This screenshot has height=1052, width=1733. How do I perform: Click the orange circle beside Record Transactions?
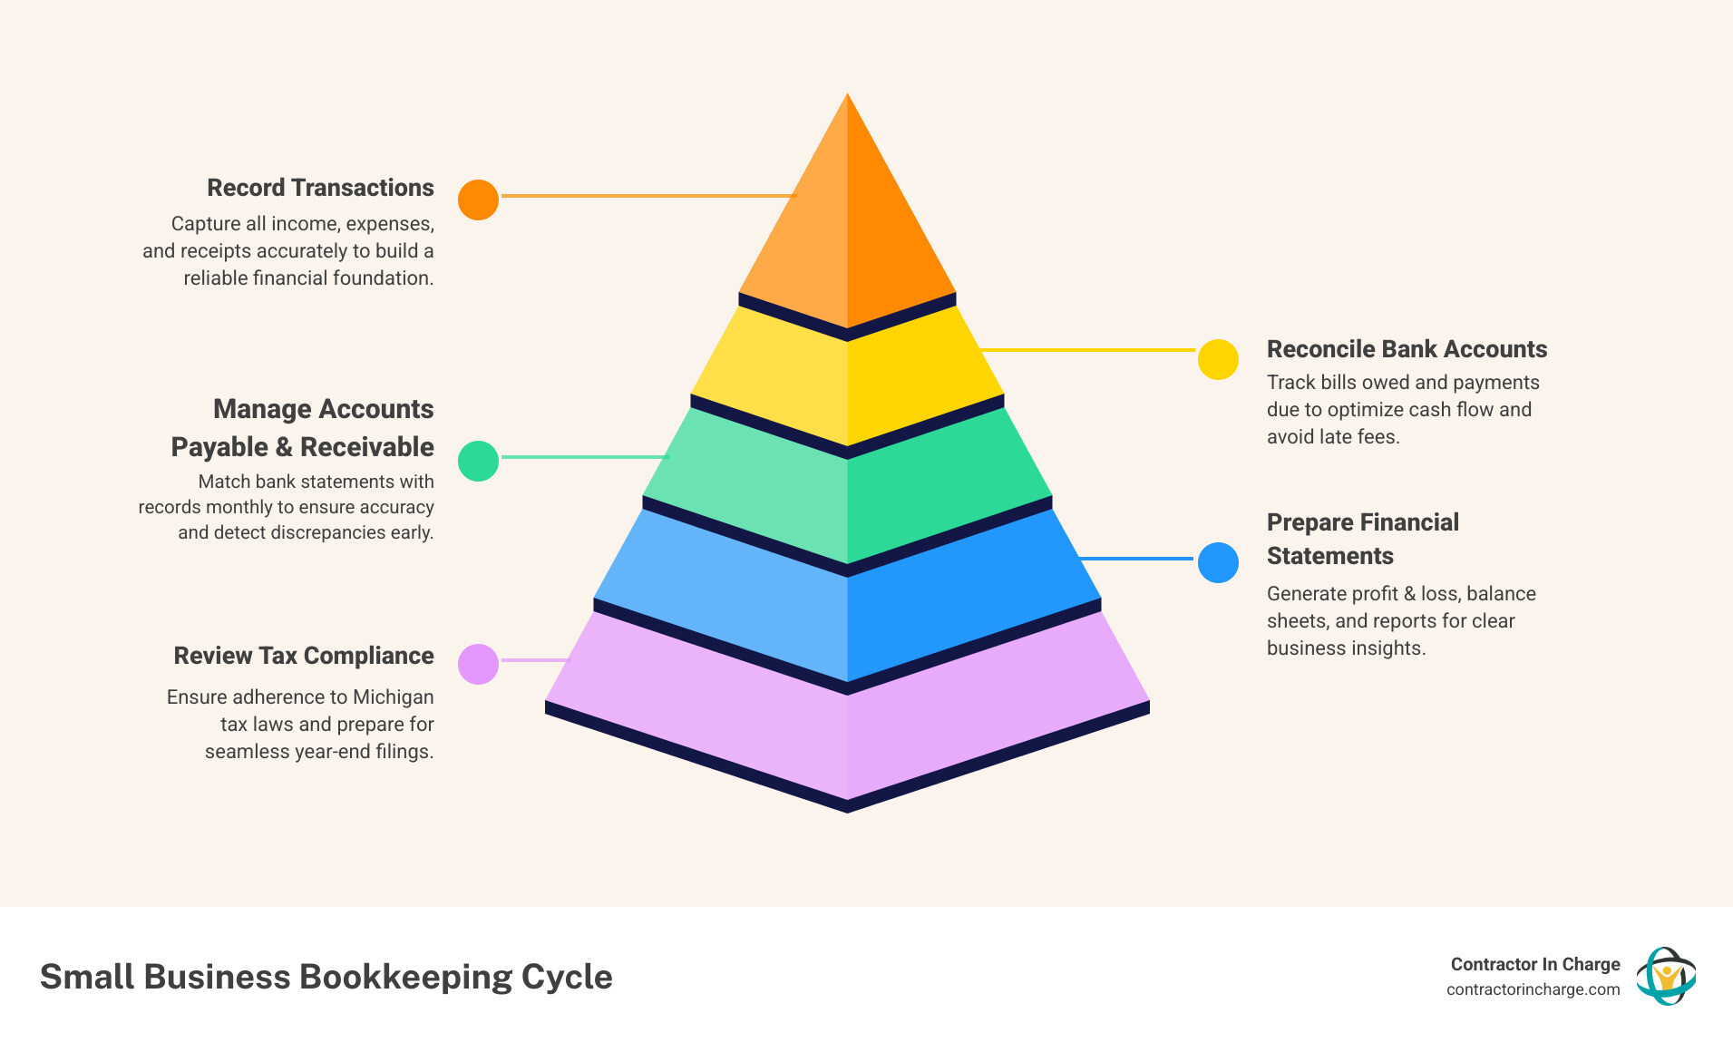pos(478,200)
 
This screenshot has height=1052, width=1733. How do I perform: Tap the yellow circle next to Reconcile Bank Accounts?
pos(1218,360)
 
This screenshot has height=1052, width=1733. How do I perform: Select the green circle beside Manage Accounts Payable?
pos(478,461)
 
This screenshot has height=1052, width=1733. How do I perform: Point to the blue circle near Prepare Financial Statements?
pos(1218,562)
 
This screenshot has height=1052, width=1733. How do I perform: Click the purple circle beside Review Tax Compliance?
pos(478,664)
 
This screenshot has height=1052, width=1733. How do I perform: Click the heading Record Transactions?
pos(320,188)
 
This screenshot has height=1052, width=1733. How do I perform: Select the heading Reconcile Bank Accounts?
pos(1407,349)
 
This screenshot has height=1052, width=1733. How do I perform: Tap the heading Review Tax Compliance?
pos(304,656)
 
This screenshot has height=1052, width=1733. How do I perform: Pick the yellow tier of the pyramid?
pos(847,381)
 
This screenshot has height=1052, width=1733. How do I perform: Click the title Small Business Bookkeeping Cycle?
pos(326,977)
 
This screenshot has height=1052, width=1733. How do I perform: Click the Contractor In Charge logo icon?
pos(1666,976)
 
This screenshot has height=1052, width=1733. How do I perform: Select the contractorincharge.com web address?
pos(1533,989)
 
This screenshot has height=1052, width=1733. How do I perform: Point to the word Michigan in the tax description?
pos(393,697)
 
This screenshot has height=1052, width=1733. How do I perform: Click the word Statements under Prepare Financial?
pos(1329,556)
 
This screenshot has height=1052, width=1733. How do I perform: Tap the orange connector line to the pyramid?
pos(648,196)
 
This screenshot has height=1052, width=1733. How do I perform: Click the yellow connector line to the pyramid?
pos(1088,350)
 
